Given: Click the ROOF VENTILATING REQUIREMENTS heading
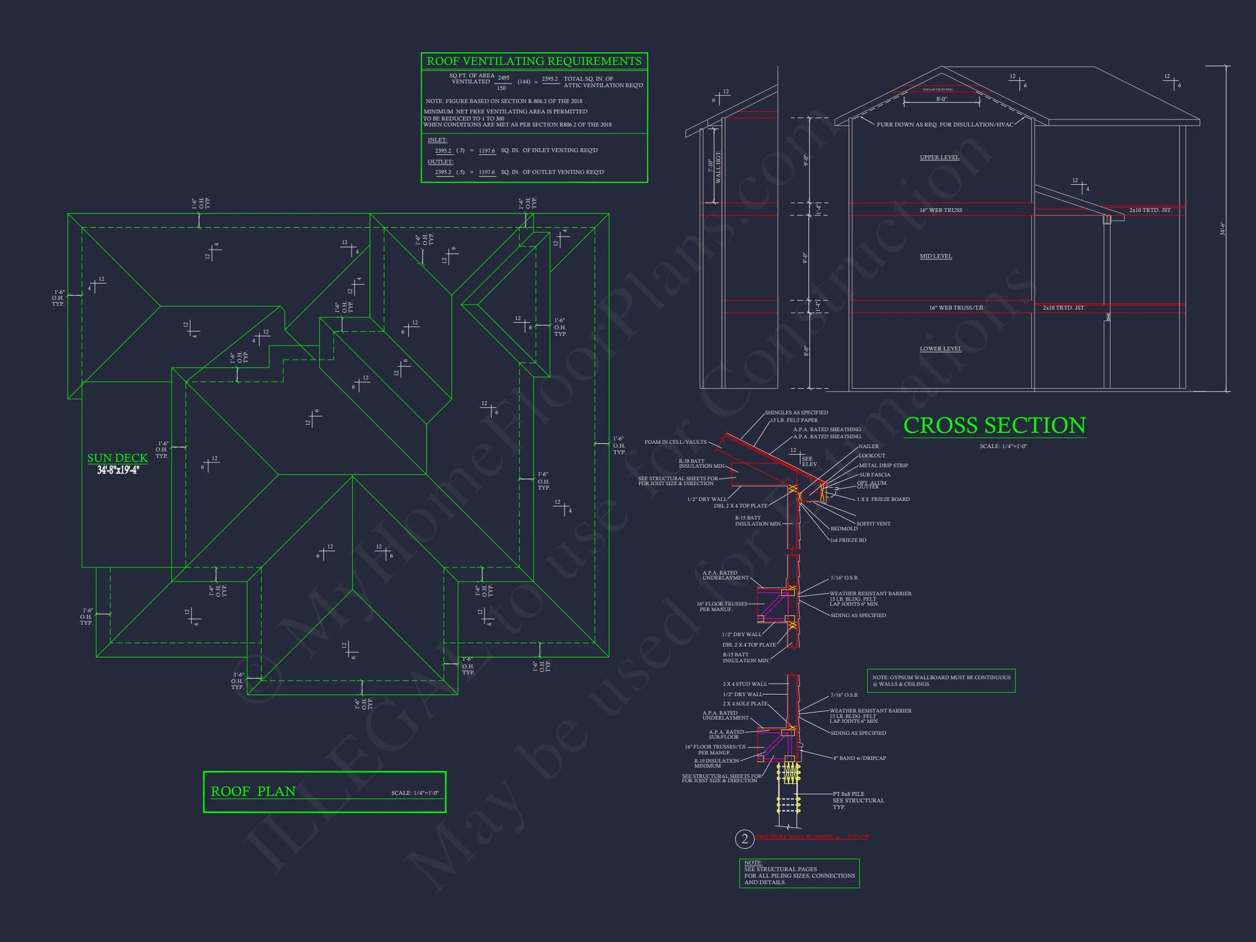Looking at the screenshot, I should point(534,61).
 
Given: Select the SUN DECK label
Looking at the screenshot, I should point(118,458).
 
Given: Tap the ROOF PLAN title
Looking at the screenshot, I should point(253,792).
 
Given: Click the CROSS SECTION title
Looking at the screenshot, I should point(994,426).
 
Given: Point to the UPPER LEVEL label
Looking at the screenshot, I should point(939,158).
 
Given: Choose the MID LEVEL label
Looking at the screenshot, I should point(936,256).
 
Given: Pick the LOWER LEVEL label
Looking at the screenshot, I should point(940,349).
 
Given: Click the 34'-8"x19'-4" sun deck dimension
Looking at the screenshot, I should point(118,470).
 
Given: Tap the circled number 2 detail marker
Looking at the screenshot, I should point(745,838).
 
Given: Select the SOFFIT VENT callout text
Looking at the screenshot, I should point(873,523).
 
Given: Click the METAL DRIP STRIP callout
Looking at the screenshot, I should point(883,465).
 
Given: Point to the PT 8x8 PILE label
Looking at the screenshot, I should point(848,794).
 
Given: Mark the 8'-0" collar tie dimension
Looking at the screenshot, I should point(941,99).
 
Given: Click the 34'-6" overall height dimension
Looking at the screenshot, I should point(1223,228).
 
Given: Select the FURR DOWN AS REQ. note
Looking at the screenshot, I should point(944,124).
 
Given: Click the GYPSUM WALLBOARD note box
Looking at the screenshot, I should point(941,680).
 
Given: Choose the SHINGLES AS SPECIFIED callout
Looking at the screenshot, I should point(796,413).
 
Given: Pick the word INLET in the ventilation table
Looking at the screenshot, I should point(437,140).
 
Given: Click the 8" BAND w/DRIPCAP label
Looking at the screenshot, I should point(859,758).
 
